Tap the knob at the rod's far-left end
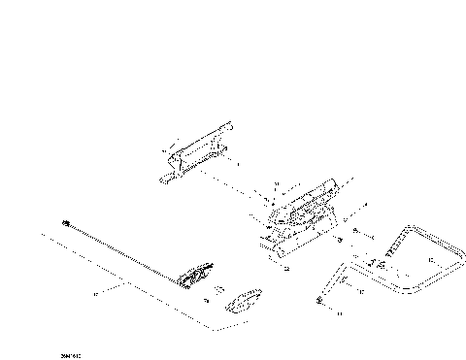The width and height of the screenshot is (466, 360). pyautogui.click(x=65, y=223)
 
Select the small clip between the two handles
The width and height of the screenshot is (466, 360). pyautogui.click(x=218, y=288)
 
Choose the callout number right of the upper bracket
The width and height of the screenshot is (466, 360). pyautogui.click(x=239, y=165)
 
